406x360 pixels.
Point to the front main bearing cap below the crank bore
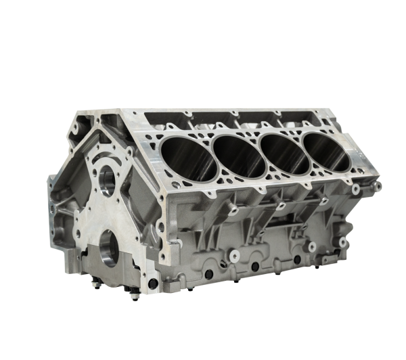click(x=112, y=274)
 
